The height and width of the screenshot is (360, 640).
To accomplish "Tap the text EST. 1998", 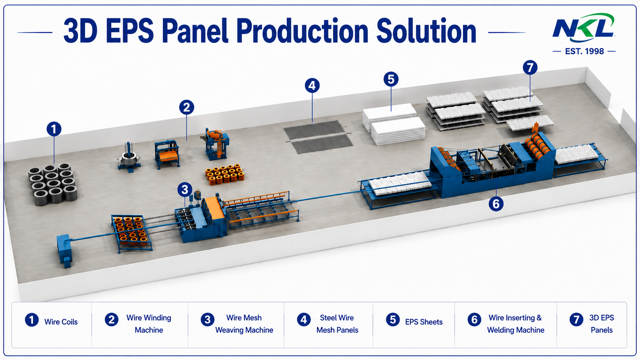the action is (584, 51).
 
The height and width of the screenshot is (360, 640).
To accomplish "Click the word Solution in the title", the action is (426, 31).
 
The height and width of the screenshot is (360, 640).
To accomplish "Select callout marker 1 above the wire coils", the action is (54, 129).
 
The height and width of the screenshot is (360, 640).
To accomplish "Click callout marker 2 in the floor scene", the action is (186, 108).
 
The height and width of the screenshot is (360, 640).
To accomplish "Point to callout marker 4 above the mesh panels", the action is (312, 86).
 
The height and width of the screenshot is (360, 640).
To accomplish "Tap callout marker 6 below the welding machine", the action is (496, 204).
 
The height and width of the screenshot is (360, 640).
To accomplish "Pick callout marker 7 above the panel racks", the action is (530, 68).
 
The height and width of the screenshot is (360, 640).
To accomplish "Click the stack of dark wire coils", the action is (52, 184).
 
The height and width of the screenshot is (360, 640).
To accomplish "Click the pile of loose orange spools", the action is (225, 174).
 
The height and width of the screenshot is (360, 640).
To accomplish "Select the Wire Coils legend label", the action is (61, 322).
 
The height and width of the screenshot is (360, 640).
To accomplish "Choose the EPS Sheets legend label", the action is (424, 322).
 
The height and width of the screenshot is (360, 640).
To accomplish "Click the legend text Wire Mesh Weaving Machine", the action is (244, 324).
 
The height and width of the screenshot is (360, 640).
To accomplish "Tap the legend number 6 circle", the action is (474, 320).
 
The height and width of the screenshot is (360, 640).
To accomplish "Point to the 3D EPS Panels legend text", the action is (601, 324).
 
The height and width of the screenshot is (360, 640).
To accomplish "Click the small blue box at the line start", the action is (64, 251).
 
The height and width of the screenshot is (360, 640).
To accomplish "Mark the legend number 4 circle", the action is (304, 320).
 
